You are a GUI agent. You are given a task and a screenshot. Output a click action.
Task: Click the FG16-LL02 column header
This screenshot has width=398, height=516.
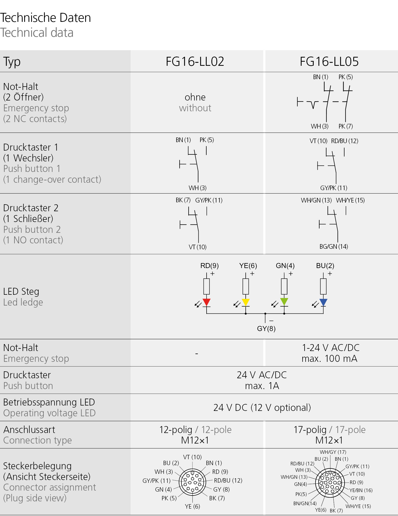click(195, 62)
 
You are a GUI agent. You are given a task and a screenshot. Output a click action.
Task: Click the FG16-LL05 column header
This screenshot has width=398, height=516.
click(329, 62)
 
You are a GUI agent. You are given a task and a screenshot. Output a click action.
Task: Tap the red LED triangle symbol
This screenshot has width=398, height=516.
click(207, 302)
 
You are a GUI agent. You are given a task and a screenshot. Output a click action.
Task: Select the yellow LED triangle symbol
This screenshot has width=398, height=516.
click(246, 302)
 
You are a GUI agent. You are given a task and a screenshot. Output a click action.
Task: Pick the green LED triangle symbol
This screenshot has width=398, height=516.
click(284, 301)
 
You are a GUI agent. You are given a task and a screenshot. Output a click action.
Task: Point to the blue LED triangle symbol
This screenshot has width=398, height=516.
click(323, 302)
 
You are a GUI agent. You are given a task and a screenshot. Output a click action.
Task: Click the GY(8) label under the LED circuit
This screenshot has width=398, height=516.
click(266, 329)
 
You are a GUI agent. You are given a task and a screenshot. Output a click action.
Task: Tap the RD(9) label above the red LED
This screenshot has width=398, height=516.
click(209, 266)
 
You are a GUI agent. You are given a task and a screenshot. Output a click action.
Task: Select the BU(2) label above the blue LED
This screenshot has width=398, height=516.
click(325, 266)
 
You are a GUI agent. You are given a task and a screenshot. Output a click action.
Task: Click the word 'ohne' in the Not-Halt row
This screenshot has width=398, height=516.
click(195, 97)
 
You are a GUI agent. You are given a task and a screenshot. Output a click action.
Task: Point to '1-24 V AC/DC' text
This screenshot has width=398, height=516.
click(331, 348)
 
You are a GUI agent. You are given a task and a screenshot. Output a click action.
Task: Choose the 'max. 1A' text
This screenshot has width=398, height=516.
click(262, 386)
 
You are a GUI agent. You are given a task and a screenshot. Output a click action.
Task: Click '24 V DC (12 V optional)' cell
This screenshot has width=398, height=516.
click(262, 408)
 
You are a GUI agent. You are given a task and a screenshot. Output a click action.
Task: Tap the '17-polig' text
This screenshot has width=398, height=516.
click(310, 430)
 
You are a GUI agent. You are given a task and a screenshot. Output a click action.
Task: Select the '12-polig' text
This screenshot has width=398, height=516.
click(176, 430)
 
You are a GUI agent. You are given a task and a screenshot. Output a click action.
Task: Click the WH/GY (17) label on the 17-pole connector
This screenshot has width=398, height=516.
click(333, 452)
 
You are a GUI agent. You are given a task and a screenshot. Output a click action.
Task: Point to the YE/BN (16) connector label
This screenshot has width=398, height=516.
click(361, 490)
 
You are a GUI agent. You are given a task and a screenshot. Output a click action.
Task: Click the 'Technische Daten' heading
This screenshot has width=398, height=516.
click(46, 18)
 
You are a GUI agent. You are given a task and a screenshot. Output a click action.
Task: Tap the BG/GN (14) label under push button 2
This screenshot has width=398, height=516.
click(334, 247)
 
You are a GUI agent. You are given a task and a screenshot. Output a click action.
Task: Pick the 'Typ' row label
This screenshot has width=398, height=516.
click(12, 62)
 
